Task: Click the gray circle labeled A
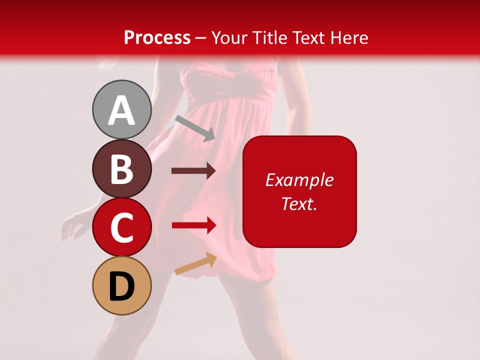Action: click(x=121, y=109)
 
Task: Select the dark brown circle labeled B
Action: click(x=121, y=168)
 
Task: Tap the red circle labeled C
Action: click(x=121, y=227)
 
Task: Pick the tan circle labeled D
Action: click(x=121, y=286)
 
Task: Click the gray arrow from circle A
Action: click(x=195, y=127)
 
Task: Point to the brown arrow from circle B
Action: click(x=193, y=171)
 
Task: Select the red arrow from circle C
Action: click(x=193, y=225)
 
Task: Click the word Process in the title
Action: click(x=157, y=37)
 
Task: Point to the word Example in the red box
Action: click(x=299, y=180)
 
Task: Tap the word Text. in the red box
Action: click(x=299, y=203)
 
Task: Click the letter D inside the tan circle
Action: click(x=121, y=287)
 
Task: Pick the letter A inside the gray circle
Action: click(x=121, y=110)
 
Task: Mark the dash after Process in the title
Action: click(x=201, y=38)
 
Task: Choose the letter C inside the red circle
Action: click(x=121, y=228)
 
